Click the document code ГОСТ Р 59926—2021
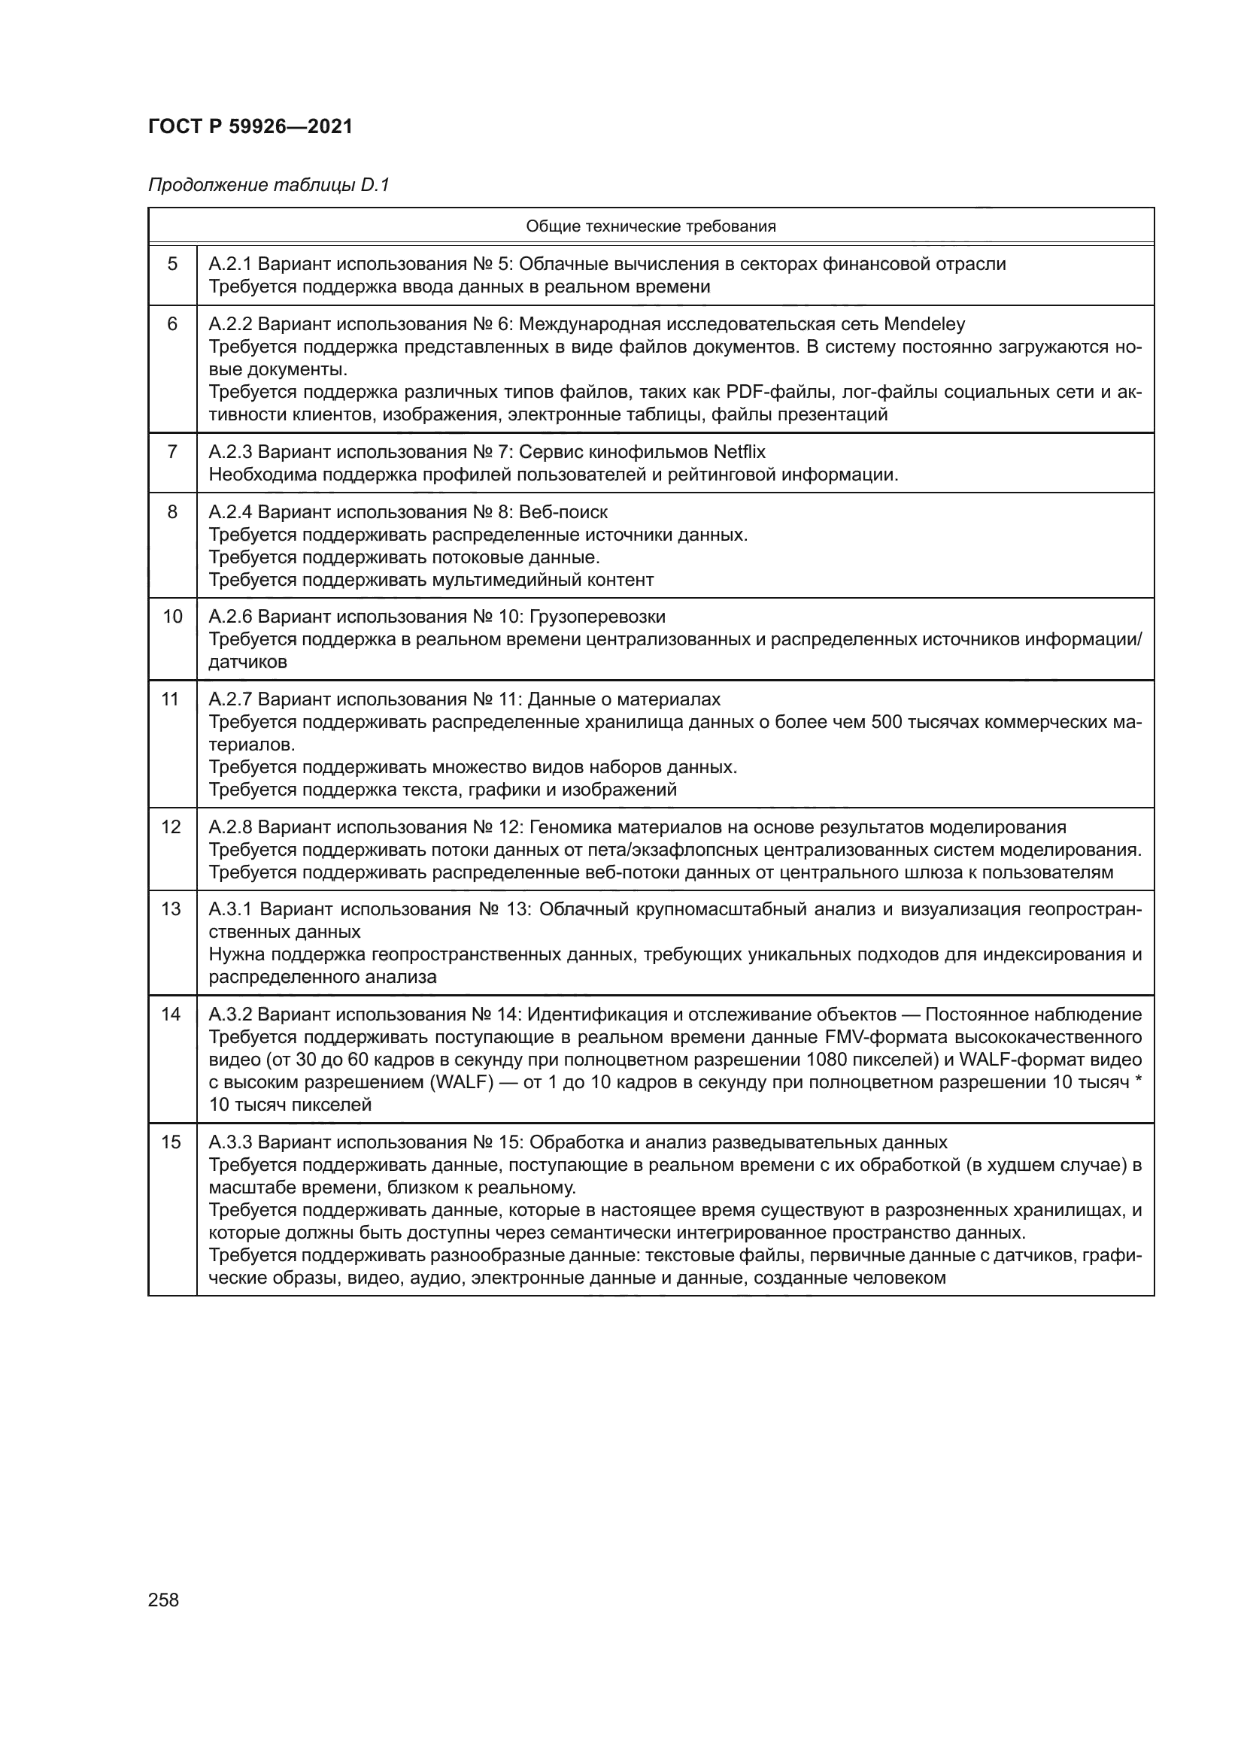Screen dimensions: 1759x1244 click(250, 127)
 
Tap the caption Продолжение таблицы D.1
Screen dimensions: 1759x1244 click(268, 186)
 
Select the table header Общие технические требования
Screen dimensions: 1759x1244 click(651, 226)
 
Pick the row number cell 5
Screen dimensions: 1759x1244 click(172, 264)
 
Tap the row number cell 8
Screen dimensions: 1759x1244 click(172, 512)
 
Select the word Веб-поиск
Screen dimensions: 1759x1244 click(563, 512)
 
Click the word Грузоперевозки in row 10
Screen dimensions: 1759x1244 click(596, 617)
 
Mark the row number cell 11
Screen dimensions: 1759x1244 click(172, 699)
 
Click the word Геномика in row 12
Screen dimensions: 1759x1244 click(569, 827)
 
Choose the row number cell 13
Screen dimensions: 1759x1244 click(172, 909)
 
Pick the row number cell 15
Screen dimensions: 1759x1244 click(172, 1142)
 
